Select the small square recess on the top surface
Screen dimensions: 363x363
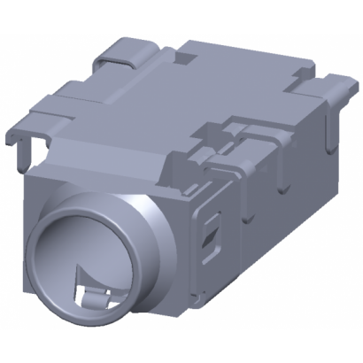[189, 58]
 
